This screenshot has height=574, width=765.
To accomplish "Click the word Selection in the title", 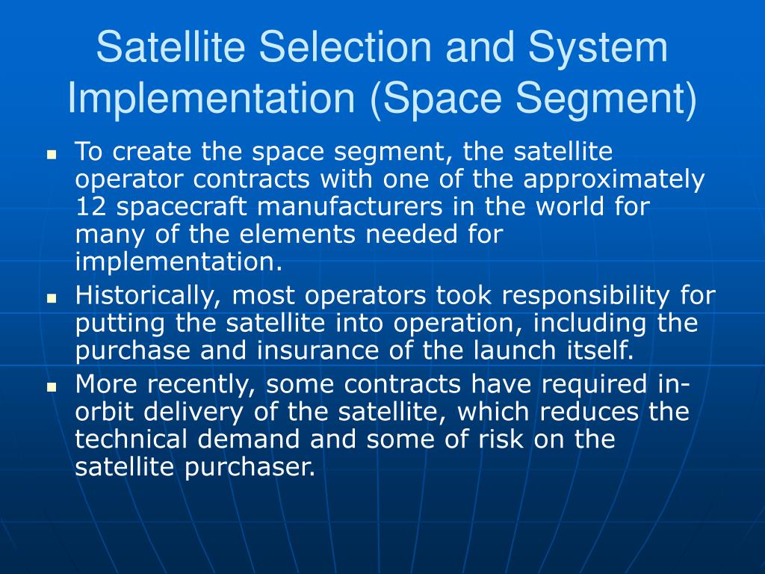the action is (x=345, y=47).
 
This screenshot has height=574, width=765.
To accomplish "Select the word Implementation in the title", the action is (x=211, y=98).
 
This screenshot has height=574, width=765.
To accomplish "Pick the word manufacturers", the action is (x=350, y=206).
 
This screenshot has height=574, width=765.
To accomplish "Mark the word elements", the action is (x=297, y=234).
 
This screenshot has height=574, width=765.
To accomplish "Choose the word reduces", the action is (x=589, y=412).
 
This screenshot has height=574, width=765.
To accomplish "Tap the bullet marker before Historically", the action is (x=52, y=297).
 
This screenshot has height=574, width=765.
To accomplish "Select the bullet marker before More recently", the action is (x=52, y=388).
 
